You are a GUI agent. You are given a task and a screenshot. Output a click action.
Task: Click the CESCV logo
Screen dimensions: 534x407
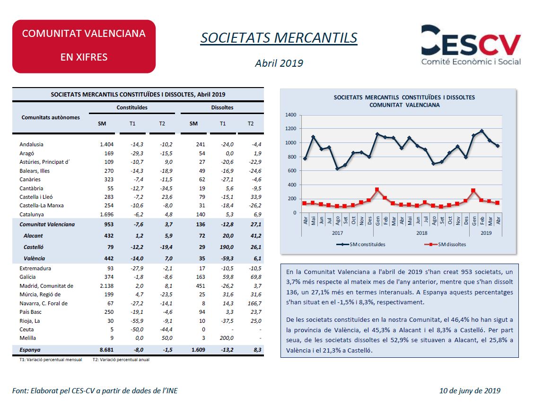pyautogui.click(x=471, y=44)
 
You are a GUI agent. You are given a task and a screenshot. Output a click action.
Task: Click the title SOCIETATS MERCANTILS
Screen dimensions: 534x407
pyautogui.click(x=279, y=38)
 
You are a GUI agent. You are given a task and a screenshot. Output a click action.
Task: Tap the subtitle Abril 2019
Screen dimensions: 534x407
pyautogui.click(x=279, y=63)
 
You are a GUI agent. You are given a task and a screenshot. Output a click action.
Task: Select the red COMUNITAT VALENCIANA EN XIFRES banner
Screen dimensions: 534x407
pyautogui.click(x=84, y=46)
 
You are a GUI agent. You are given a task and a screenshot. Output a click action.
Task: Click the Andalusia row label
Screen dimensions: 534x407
pyautogui.click(x=31, y=144)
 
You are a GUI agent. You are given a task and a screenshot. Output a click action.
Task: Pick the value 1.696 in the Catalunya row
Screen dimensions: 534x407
pyautogui.click(x=106, y=214)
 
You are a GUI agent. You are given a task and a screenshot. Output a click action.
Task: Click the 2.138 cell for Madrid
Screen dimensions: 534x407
pyautogui.click(x=106, y=286)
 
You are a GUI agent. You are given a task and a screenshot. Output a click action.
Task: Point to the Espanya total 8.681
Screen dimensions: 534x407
pyautogui.click(x=106, y=350)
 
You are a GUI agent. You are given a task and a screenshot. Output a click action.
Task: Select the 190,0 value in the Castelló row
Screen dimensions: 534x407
pyautogui.click(x=227, y=247)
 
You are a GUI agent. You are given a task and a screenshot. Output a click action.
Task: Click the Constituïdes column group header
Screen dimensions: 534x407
pyautogui.click(x=132, y=107)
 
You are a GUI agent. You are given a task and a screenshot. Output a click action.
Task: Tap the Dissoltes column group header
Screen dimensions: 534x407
pyautogui.click(x=222, y=107)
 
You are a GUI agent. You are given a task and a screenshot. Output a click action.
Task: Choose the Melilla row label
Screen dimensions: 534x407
pyautogui.click(x=27, y=338)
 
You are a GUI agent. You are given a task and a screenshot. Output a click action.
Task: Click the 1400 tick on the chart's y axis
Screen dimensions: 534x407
pyautogui.click(x=291, y=115)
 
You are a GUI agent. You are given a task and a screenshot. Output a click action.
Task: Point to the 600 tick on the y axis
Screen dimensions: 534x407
pyautogui.click(x=292, y=171)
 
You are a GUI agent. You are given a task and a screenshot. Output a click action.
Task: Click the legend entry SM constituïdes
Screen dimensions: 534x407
pyautogui.click(x=361, y=244)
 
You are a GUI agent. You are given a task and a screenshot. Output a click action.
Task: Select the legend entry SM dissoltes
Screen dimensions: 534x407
pyautogui.click(x=446, y=244)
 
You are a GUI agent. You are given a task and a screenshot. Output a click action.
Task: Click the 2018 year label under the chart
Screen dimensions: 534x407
pyautogui.click(x=421, y=233)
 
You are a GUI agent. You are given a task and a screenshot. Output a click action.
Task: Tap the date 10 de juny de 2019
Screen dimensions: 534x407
pyautogui.click(x=470, y=391)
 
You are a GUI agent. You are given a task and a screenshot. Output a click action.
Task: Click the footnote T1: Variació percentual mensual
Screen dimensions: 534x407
pyautogui.click(x=51, y=360)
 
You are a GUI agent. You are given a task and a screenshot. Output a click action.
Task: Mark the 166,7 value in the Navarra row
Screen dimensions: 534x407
pyautogui.click(x=254, y=303)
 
